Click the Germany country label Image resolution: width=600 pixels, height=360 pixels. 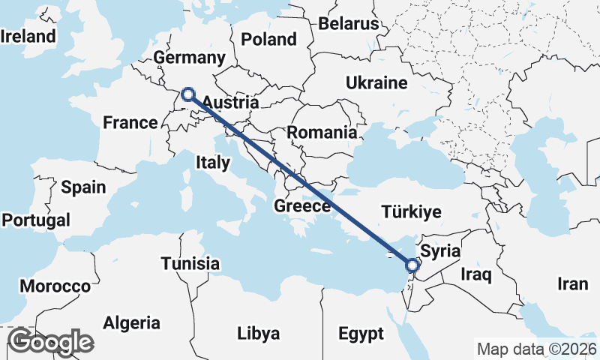[189, 58]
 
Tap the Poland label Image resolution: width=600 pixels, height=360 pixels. [269, 40]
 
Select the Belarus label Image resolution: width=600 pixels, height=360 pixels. [349, 23]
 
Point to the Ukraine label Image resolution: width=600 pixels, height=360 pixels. [376, 82]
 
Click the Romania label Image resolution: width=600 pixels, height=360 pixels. [322, 133]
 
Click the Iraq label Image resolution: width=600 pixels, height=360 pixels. [475, 274]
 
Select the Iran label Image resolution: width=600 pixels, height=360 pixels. [572, 283]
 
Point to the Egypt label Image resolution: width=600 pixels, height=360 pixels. [361, 333]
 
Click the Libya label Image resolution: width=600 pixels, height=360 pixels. [258, 333]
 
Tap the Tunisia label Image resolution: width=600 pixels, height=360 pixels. [190, 263]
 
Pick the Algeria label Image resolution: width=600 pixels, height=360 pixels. [131, 323]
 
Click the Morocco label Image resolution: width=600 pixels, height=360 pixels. [55, 286]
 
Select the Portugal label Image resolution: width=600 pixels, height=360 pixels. [36, 220]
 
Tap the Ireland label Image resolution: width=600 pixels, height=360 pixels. [28, 36]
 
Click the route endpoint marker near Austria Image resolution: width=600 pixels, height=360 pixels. [188, 94]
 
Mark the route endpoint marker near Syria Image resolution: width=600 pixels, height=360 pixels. [412, 265]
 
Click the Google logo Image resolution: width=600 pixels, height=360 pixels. [51, 342]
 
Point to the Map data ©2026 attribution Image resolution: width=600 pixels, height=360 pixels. [537, 349]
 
